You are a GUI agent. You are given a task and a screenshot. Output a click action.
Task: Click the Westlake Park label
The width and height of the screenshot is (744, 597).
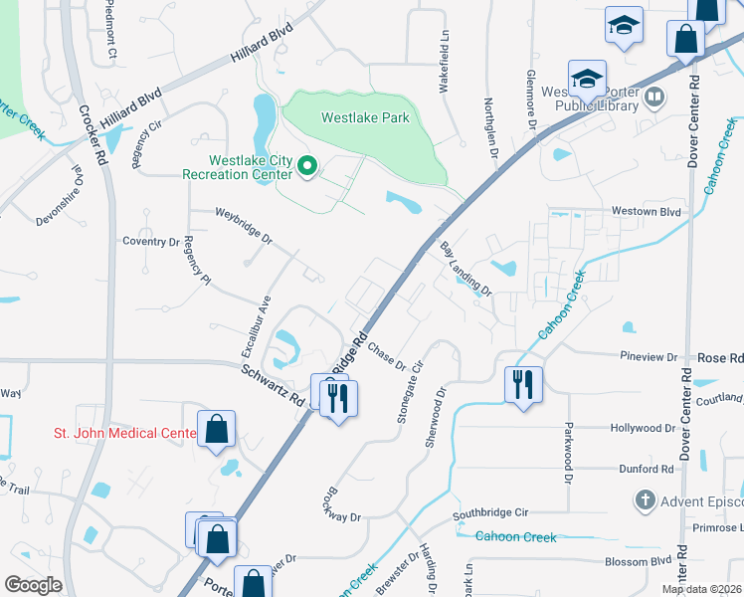[x=365, y=117]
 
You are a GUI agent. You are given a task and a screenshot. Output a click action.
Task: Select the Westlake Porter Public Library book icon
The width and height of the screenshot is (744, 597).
[x=654, y=98]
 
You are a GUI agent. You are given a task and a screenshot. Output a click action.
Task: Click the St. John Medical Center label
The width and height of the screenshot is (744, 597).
[x=125, y=433]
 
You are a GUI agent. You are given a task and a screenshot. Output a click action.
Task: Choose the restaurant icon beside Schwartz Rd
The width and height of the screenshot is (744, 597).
[x=338, y=398]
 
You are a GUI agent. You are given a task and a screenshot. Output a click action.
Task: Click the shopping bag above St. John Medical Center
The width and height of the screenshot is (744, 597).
[x=216, y=430]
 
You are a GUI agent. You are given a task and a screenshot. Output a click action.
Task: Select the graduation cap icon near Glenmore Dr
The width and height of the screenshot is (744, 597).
[x=587, y=79]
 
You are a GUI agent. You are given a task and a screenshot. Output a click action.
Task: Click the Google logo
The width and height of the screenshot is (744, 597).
[x=33, y=585]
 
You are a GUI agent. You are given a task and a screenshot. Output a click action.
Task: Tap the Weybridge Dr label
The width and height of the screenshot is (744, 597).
[x=245, y=226]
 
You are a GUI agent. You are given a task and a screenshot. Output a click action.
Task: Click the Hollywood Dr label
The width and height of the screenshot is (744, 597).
[x=642, y=428]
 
